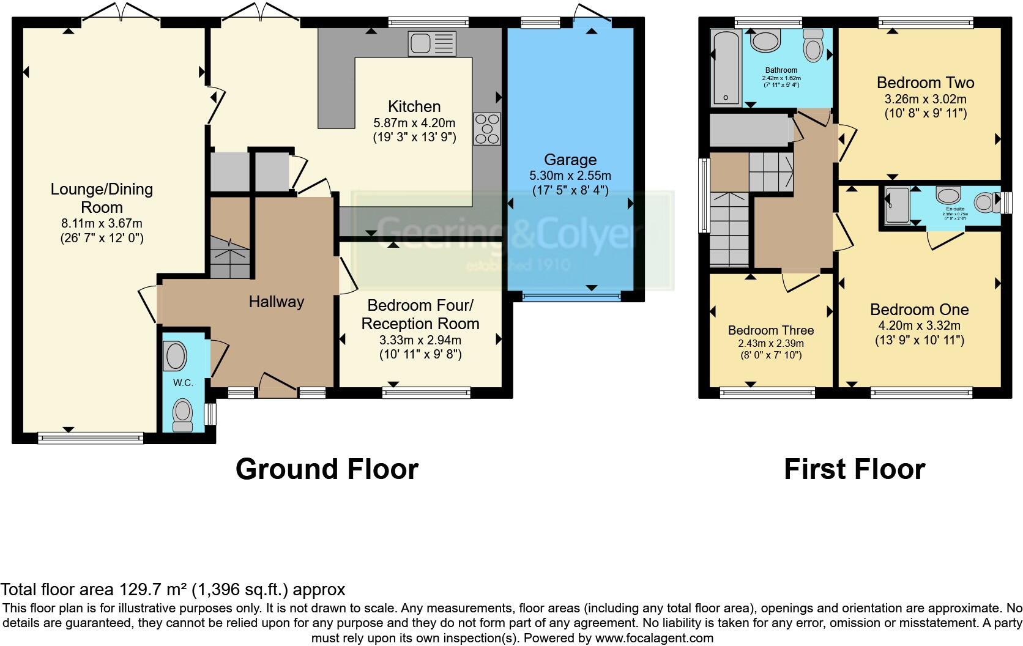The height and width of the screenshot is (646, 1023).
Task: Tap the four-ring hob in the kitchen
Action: click(x=487, y=129)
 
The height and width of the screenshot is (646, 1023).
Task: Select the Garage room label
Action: click(x=570, y=160)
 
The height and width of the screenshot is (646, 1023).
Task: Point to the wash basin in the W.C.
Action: click(x=176, y=356)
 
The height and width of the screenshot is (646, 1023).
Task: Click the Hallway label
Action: click(x=276, y=302)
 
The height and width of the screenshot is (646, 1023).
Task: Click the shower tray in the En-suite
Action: click(x=897, y=205)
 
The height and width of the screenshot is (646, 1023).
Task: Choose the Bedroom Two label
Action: click(x=925, y=83)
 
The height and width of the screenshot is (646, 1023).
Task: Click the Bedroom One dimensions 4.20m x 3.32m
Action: click(x=919, y=325)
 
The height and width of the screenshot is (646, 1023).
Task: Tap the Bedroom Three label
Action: click(x=770, y=330)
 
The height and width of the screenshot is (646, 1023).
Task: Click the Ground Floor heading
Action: click(x=327, y=469)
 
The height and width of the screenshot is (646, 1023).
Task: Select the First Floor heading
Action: click(x=854, y=469)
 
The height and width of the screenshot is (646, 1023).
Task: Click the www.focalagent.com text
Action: click(x=654, y=638)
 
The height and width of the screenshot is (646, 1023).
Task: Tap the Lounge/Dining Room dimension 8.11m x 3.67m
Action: click(x=102, y=224)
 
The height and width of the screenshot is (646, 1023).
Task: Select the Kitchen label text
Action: click(x=414, y=106)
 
